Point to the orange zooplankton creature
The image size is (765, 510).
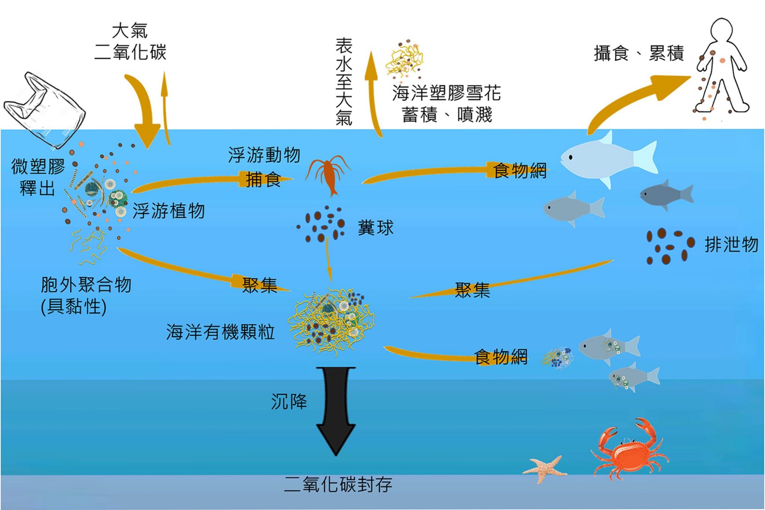pos(328,175)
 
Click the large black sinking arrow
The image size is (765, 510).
pos(336,411)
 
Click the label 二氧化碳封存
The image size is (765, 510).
pos(338,485)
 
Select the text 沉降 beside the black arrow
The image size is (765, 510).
pos(289,402)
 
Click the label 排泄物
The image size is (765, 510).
pos(731,245)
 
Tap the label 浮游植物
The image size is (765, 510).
pos(169,211)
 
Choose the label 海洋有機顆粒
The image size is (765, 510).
pos(221,332)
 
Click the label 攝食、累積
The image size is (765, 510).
pos(639,53)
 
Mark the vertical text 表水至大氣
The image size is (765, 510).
pos(344,81)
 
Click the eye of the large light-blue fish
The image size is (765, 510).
pos(571,157)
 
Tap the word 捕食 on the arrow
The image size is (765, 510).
pos(263,180)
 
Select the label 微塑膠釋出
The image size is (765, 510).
pos(38,177)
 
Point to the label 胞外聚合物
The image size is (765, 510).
pos(86,285)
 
